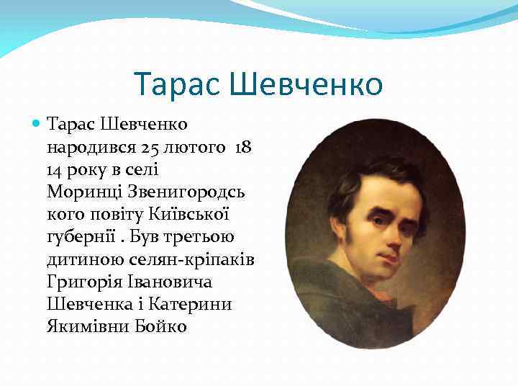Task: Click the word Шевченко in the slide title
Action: pos(307,85)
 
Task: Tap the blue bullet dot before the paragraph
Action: pos(37,123)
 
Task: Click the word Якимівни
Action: pos(86,327)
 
